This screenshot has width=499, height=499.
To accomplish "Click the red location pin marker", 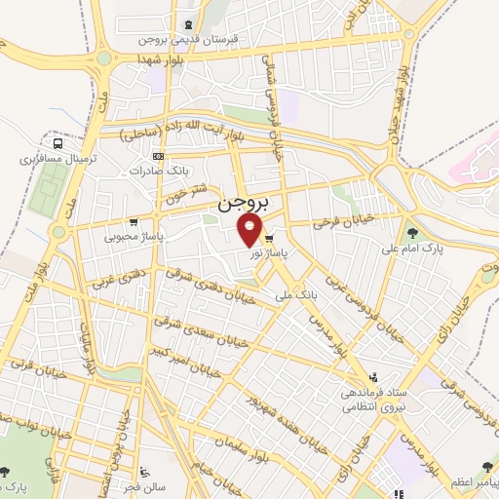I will [250, 230].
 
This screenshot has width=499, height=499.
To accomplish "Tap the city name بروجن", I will [244, 206].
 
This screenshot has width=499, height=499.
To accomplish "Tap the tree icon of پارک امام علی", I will [412, 234].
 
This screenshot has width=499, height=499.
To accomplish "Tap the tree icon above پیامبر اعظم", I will [484, 468].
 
